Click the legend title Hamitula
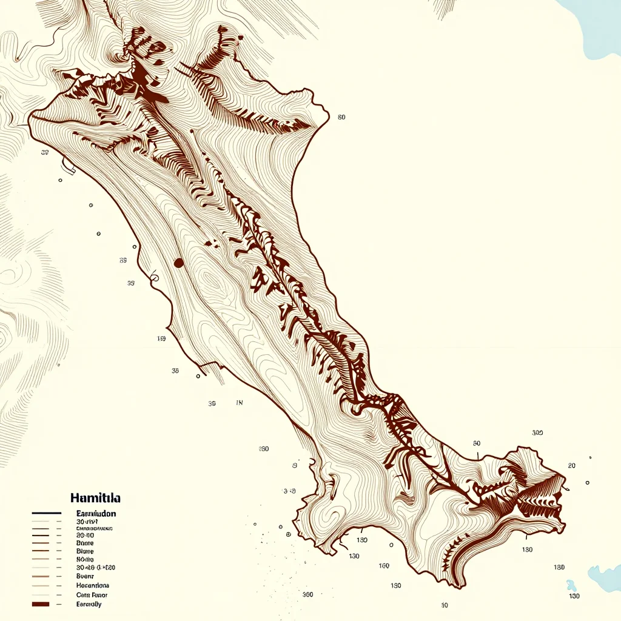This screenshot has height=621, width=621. (95, 498)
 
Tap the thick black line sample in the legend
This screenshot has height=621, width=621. (46, 513)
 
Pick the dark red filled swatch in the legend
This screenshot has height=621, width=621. (41, 605)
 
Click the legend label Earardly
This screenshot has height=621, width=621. (89, 605)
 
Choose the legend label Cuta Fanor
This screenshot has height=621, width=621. (92, 595)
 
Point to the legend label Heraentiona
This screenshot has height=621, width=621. (92, 585)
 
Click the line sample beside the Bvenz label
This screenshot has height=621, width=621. (41, 576)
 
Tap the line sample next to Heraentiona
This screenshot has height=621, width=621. (41, 586)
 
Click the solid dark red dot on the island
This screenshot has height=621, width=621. (178, 263)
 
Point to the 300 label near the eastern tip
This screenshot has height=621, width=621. (537, 433)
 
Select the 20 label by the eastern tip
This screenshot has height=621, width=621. (571, 466)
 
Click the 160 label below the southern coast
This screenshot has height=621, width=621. (384, 566)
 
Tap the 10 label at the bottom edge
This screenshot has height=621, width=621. (445, 605)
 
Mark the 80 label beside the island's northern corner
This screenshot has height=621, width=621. (341, 117)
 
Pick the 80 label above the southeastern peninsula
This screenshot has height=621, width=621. (476, 443)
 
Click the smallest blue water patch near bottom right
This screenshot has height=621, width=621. (571, 586)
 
